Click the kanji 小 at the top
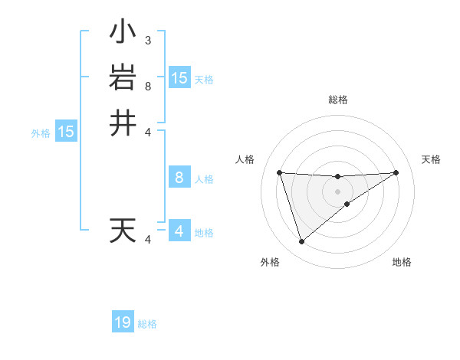(x=123, y=33)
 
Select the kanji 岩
(x=123, y=78)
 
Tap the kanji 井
(x=123, y=123)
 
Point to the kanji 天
(x=123, y=231)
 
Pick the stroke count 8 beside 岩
(x=147, y=86)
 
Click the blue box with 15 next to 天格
(x=179, y=77)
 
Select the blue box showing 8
(x=179, y=178)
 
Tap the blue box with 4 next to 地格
(x=179, y=231)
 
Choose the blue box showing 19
(x=123, y=322)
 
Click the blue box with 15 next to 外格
(x=66, y=132)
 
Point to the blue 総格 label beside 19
(x=147, y=324)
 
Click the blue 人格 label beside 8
(x=204, y=179)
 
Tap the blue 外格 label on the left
(x=41, y=133)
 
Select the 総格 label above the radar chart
(x=337, y=100)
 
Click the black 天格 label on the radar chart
(x=432, y=159)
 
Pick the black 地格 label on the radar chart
(x=402, y=262)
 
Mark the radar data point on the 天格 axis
(x=396, y=172)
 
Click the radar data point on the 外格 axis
(x=301, y=242)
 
